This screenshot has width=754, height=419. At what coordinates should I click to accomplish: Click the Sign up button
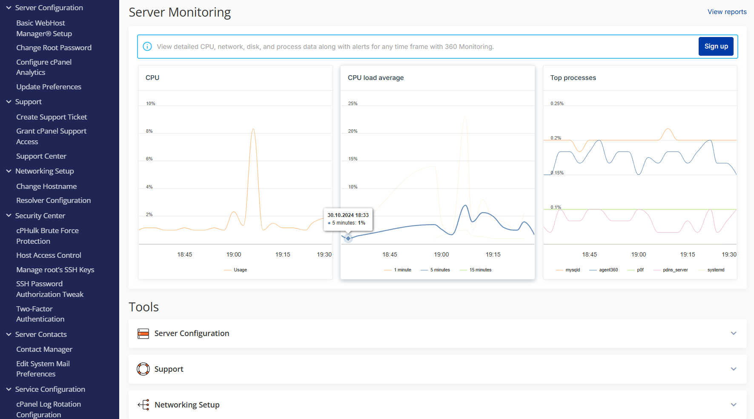pyautogui.click(x=716, y=46)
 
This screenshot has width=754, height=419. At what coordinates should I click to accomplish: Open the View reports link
pyautogui.click(x=727, y=12)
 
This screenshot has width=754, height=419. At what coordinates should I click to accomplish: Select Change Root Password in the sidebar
pyautogui.click(x=54, y=48)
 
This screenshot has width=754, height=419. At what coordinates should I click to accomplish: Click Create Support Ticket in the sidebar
pyautogui.click(x=52, y=117)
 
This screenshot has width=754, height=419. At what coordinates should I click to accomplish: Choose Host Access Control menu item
pyautogui.click(x=49, y=255)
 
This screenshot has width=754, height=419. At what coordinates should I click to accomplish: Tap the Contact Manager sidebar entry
pyautogui.click(x=44, y=349)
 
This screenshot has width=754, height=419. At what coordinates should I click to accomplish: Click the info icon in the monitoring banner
pyautogui.click(x=147, y=46)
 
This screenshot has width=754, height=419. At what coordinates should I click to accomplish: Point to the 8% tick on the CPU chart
pyautogui.click(x=149, y=131)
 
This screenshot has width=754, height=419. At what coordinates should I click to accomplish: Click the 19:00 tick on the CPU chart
pyautogui.click(x=234, y=254)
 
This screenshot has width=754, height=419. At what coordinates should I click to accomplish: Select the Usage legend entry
pyautogui.click(x=240, y=270)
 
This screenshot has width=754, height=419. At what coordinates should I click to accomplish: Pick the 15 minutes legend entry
pyautogui.click(x=480, y=270)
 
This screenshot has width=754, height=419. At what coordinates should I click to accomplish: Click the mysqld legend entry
pyautogui.click(x=573, y=270)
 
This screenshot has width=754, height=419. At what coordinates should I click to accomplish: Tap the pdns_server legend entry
pyautogui.click(x=675, y=270)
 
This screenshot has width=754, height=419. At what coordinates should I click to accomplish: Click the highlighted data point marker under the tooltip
pyautogui.click(x=348, y=238)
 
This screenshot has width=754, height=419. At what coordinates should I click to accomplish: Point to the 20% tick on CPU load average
pyautogui.click(x=353, y=131)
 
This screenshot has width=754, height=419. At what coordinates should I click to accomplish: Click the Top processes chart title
pyautogui.click(x=573, y=78)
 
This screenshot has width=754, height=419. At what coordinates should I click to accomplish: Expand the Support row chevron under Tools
pyautogui.click(x=734, y=369)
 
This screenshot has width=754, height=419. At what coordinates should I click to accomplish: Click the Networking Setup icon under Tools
pyautogui.click(x=143, y=405)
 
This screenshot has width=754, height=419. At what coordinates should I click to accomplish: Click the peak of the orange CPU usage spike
pyautogui.click(x=253, y=128)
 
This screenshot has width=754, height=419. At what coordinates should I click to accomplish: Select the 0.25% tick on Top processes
pyautogui.click(x=557, y=103)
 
